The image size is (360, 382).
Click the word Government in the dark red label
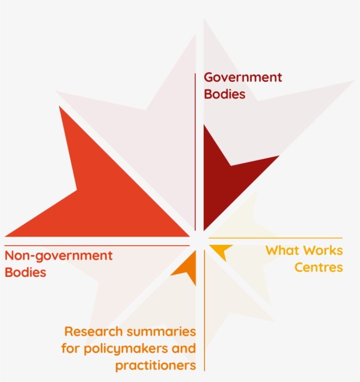[243, 78]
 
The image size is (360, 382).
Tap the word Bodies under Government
[224, 94]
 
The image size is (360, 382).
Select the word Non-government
[58, 256]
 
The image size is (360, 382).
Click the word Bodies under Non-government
[25, 272]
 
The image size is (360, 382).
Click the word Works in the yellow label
[324, 251]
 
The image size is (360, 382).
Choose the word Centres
[318, 267]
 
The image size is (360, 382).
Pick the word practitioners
[155, 366]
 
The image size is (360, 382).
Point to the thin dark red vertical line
[195, 149]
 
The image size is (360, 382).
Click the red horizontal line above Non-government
[97, 245]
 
